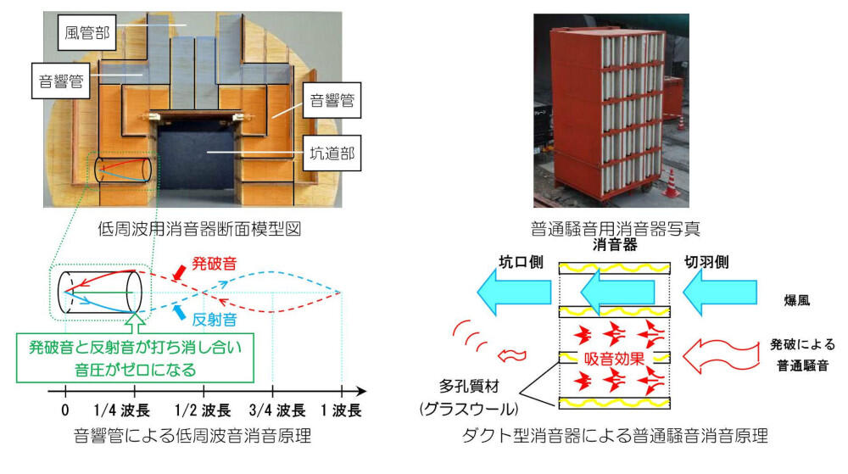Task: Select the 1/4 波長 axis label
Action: pyautogui.click(x=134, y=411)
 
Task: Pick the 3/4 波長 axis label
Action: pyautogui.click(x=272, y=411)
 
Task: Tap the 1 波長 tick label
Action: pyautogui.click(x=341, y=411)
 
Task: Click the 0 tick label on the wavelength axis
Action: pyautogui.click(x=64, y=411)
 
